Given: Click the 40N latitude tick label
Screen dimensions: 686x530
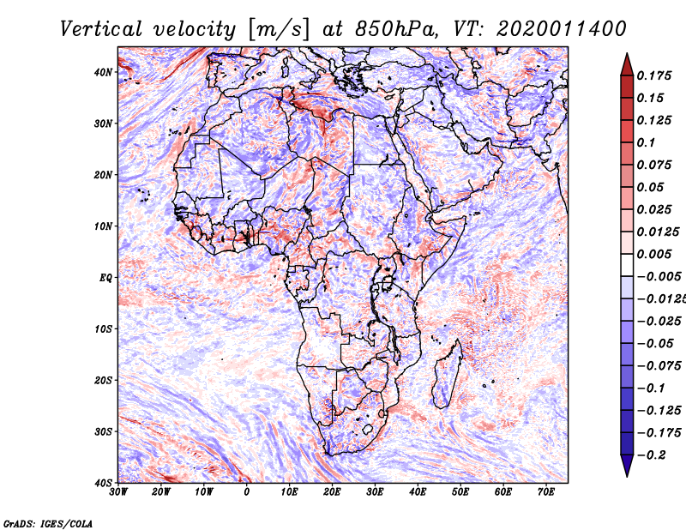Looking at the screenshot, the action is coord(103,72).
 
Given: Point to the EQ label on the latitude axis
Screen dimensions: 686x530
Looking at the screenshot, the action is coord(105,278).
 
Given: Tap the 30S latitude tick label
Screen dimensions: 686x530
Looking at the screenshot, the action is coord(103,432).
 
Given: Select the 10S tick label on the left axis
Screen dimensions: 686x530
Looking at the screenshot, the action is coord(103,329).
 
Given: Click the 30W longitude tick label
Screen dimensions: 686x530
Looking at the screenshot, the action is coord(118,492).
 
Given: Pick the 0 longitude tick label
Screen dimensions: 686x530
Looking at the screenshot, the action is coord(247,492).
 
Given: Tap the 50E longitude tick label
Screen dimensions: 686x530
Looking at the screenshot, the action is coord(460,492).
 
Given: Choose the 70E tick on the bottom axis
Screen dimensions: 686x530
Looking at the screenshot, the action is coord(546,492).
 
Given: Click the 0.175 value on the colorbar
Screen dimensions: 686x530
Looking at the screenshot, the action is coord(653,75).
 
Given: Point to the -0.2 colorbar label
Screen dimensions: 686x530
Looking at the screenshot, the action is coord(653,455).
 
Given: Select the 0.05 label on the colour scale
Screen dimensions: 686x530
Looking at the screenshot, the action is coord(650,187).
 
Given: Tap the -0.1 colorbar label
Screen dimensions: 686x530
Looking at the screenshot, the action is coord(651,388).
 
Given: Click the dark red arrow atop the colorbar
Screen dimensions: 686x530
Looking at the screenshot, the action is coord(627,65).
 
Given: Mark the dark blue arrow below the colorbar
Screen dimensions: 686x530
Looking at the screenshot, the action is coord(627,465).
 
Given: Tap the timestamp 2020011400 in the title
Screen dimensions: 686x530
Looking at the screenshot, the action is coord(562,29).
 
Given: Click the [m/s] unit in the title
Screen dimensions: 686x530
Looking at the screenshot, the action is coord(279,30).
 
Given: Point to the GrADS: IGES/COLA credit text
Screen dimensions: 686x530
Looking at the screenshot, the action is coord(48,523).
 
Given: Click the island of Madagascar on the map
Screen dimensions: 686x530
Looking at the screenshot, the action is coord(448,373).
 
